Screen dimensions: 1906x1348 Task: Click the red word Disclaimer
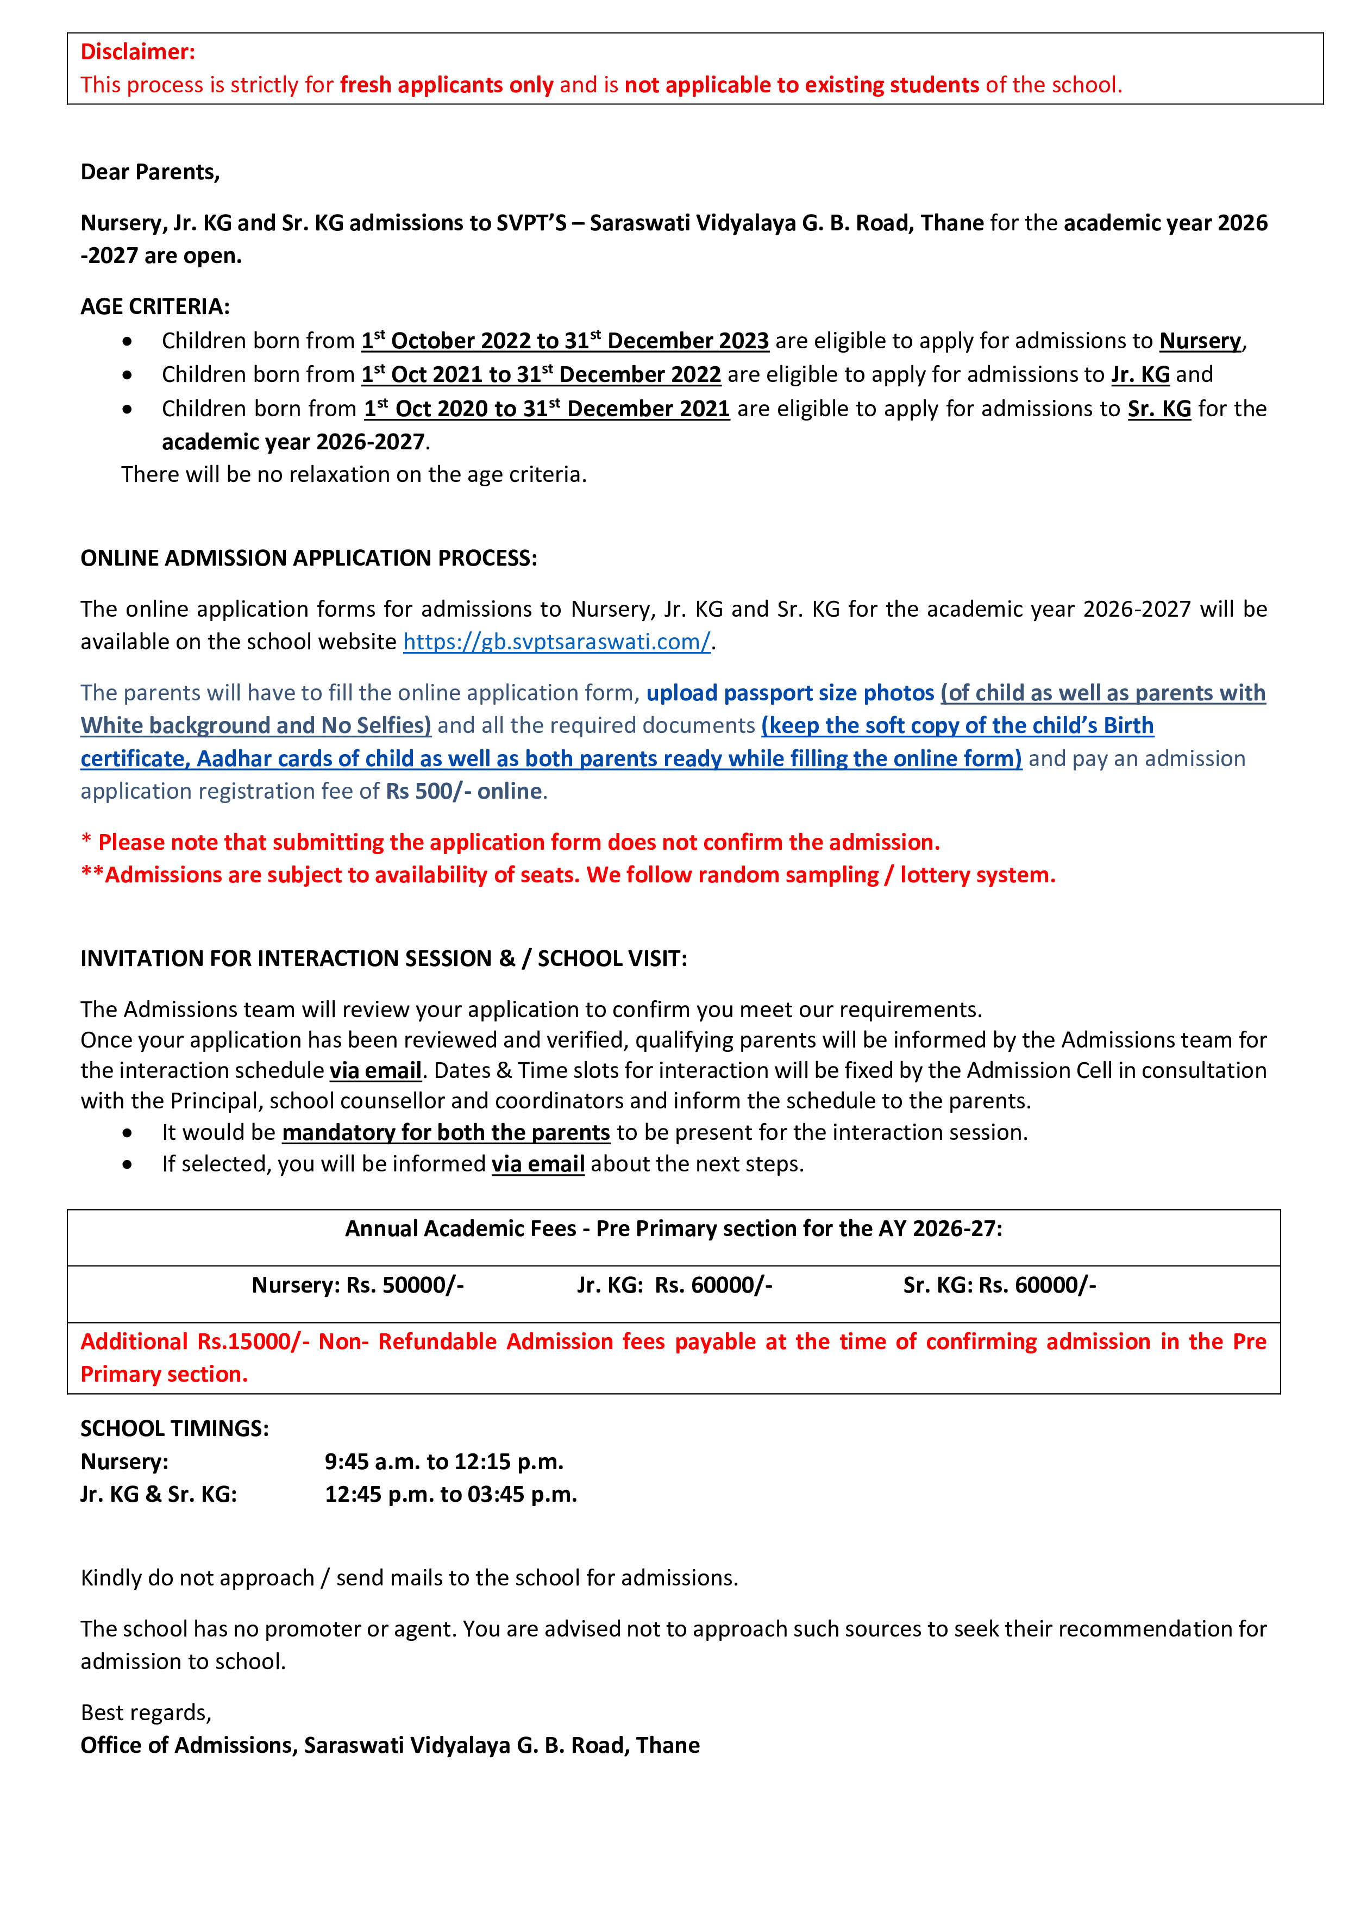137,52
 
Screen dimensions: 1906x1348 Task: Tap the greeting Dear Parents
149,172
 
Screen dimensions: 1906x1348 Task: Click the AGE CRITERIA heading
154,306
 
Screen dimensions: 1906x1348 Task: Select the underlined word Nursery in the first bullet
1200,341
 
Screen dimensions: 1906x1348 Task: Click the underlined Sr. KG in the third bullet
1159,409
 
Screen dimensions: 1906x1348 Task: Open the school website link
556,642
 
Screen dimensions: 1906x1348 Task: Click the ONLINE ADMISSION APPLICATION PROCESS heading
308,558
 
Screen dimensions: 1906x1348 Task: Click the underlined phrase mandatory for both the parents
446,1132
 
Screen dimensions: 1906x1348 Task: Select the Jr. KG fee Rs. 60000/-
713,1285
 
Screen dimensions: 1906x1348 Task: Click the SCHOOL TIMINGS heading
174,1428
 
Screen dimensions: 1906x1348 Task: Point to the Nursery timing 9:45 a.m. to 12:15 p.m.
443,1462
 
